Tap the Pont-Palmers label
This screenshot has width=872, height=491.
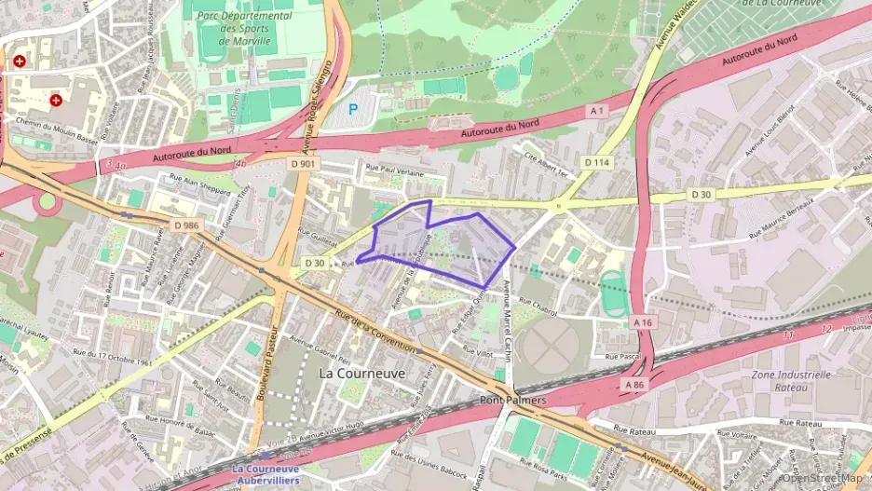coord(512,400)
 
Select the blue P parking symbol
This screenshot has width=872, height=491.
coord(353,109)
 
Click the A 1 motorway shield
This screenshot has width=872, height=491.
coord(597,111)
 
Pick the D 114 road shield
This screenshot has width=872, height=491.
coord(596,162)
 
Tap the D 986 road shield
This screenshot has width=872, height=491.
coord(185,225)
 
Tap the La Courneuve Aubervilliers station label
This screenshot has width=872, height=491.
coord(266,474)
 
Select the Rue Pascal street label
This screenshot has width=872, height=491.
coord(623,356)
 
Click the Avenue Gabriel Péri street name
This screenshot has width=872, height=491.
coord(320,348)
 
